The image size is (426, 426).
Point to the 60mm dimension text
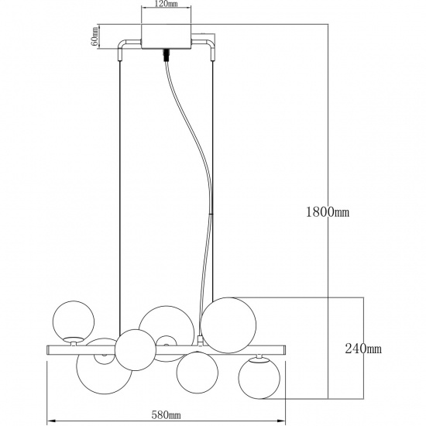coord(94,36)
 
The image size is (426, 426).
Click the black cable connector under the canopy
coord(166,55)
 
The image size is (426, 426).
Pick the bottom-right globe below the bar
coord(260,379)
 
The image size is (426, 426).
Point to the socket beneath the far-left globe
coord(73,338)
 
